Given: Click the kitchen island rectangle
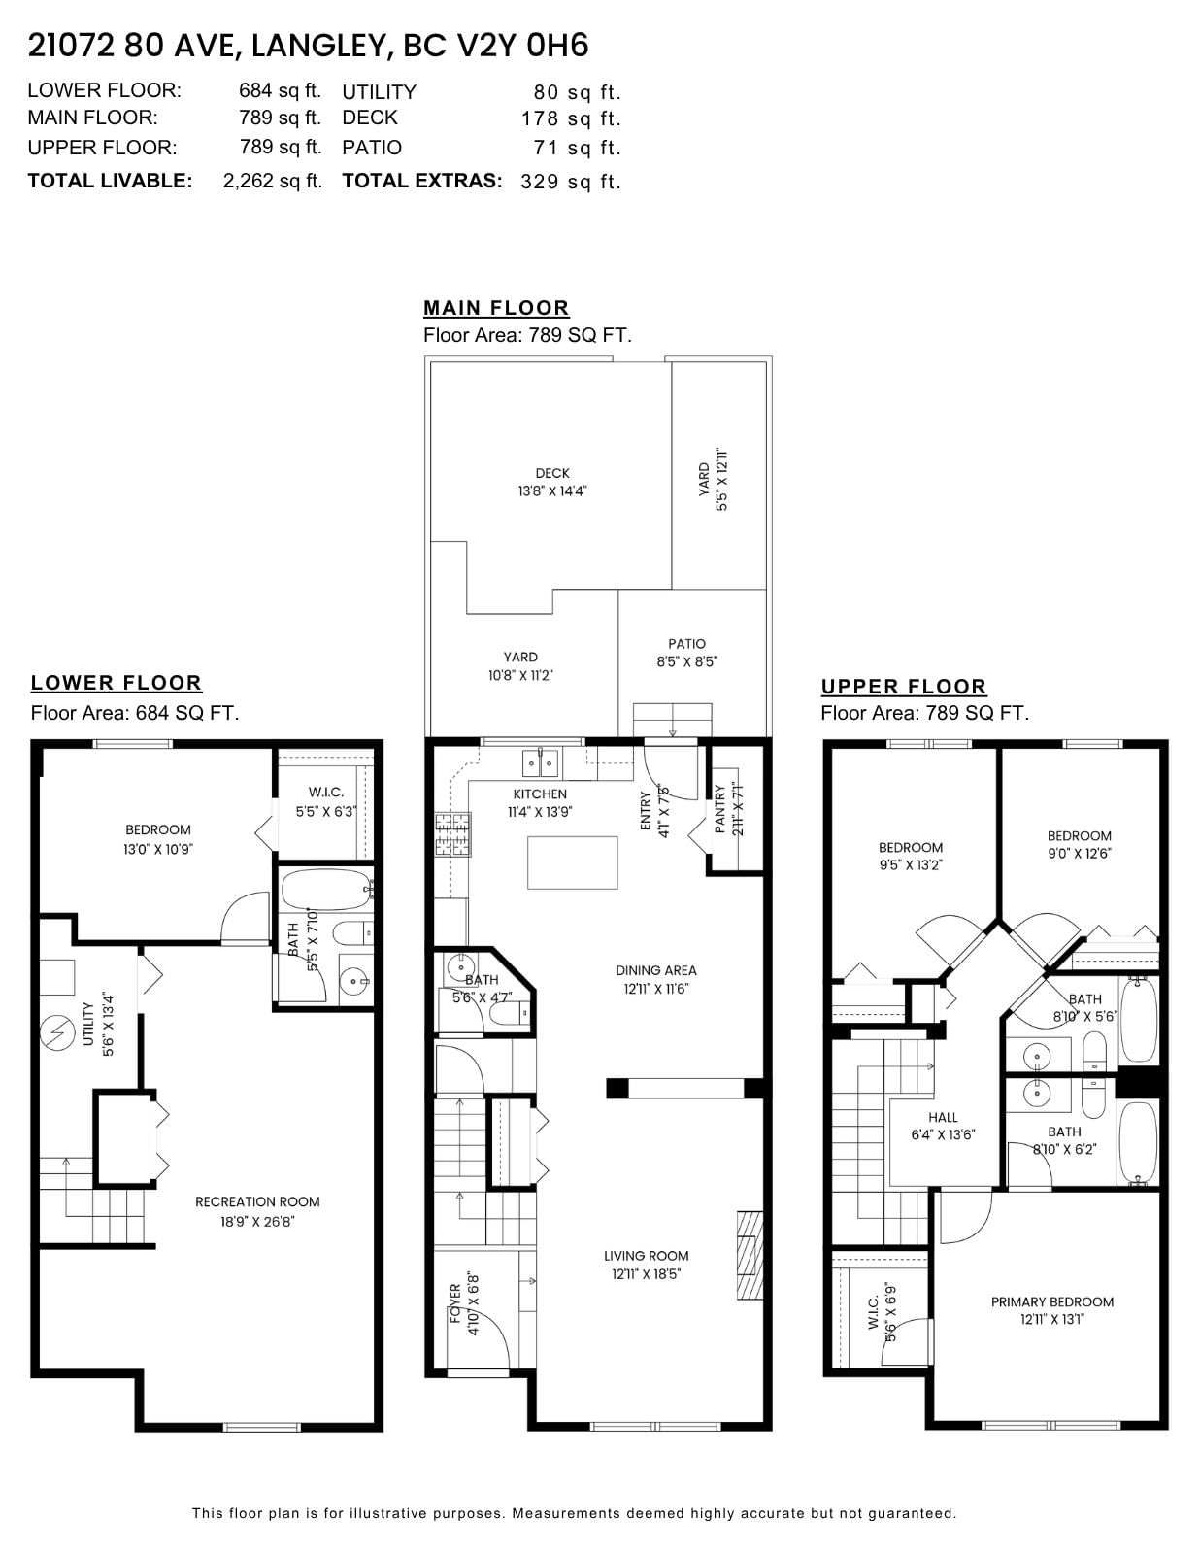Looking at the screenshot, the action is click(x=572, y=862).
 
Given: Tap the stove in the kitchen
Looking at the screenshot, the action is click(x=453, y=834).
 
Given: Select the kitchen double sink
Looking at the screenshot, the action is click(x=541, y=763).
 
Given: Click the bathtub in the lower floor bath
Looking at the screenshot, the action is click(x=326, y=890).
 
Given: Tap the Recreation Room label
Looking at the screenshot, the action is click(x=257, y=1211).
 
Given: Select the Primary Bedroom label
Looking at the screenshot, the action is click(x=1052, y=1310).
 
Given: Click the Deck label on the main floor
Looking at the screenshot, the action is click(x=552, y=482).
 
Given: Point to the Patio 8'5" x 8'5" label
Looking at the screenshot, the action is click(x=686, y=653).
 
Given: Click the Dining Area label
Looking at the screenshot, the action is click(x=656, y=980).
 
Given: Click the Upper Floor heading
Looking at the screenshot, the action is click(x=903, y=687).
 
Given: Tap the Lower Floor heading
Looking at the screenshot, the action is click(x=116, y=683).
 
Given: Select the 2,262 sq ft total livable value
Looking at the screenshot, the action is click(x=272, y=181).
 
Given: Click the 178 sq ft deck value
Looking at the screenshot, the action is click(x=571, y=118).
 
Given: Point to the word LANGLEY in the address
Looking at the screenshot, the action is click(x=317, y=46).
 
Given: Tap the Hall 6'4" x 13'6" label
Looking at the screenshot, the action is click(x=943, y=1126).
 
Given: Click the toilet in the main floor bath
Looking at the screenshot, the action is click(x=515, y=1013).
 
